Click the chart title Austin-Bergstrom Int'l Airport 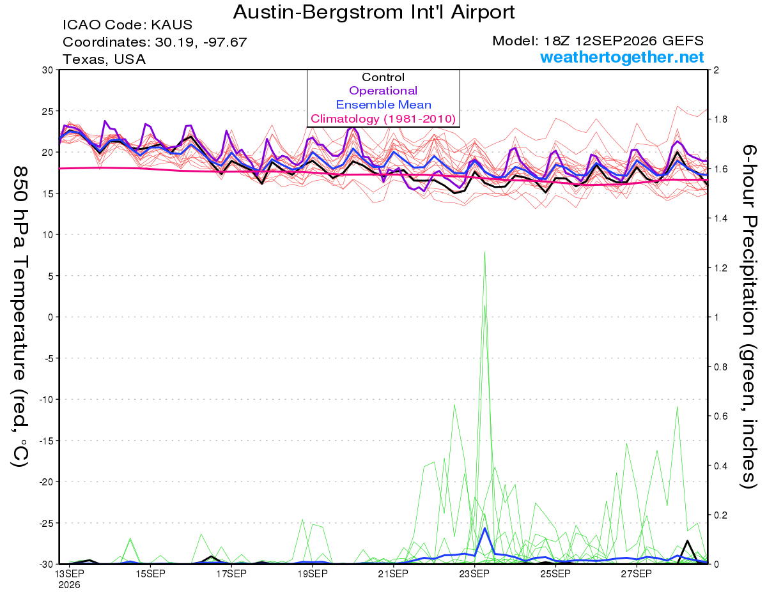(373, 12)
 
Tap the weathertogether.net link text (622, 57)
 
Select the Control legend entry (383, 77)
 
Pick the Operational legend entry (383, 91)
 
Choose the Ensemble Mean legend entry (383, 105)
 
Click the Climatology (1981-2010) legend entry (383, 119)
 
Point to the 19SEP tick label (313, 574)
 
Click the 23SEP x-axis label (474, 574)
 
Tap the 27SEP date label (636, 574)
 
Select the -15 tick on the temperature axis (46, 441)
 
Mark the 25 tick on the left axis (48, 111)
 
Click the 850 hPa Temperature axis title (20, 317)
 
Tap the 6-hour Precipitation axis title (748, 316)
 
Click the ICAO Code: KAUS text (127, 25)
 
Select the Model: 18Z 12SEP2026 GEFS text (598, 41)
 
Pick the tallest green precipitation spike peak (484, 252)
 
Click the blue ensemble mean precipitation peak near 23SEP (485, 528)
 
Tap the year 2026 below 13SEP (69, 585)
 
